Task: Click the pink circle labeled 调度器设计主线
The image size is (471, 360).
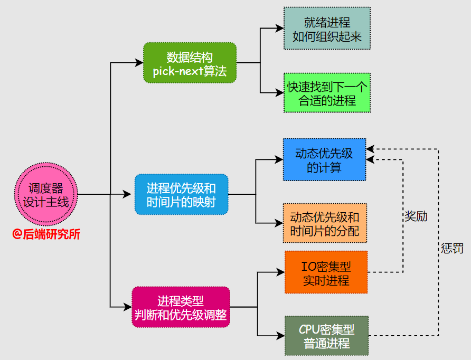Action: coord(45,194)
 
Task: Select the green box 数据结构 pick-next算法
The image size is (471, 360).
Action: coord(190,63)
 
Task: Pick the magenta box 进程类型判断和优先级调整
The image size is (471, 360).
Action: coord(181,307)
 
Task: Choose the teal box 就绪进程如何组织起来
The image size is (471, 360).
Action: coord(327,29)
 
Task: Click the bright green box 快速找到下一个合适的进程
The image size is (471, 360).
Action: coord(327,93)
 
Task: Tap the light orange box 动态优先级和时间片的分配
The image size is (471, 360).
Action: coord(324,223)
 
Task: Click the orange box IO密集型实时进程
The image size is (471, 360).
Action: coord(326,272)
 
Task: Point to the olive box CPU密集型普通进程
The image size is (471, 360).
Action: coord(326,336)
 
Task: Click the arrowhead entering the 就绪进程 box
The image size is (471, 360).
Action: coord(280,29)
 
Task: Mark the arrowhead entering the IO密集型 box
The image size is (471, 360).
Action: coord(281,272)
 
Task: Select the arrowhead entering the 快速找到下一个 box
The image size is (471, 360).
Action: coord(280,93)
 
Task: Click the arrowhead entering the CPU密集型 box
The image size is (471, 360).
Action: coord(281,336)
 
